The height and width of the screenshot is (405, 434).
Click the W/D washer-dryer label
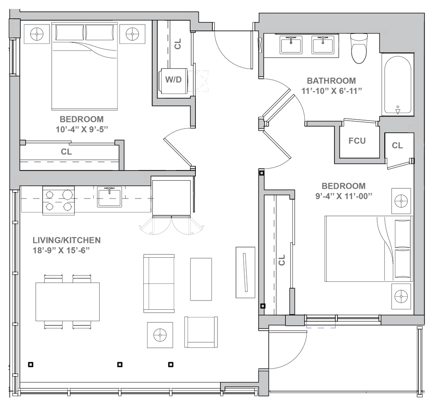point(173,80)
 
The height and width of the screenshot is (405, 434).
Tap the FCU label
point(357,141)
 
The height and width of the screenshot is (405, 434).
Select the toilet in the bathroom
point(359,48)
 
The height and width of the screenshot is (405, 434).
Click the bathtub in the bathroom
point(398,84)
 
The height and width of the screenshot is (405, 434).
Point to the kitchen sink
point(109,196)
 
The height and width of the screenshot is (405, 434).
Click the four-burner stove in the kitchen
point(58,201)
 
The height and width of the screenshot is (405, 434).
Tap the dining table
point(67,302)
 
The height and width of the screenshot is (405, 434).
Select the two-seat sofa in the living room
point(159,284)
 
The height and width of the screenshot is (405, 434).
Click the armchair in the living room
point(201,332)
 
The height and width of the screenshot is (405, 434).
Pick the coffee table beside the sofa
point(201,279)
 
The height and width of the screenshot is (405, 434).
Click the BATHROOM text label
point(331,81)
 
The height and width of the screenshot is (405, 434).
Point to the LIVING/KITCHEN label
point(67,240)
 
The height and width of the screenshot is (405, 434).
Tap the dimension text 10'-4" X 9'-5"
point(82,129)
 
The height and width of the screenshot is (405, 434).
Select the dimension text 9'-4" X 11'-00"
point(343,196)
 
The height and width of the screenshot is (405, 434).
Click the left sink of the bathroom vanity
point(291,44)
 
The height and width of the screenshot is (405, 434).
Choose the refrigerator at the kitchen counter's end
point(172,198)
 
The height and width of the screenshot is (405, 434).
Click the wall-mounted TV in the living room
point(245,272)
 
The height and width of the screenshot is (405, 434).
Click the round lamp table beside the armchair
point(160,335)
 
